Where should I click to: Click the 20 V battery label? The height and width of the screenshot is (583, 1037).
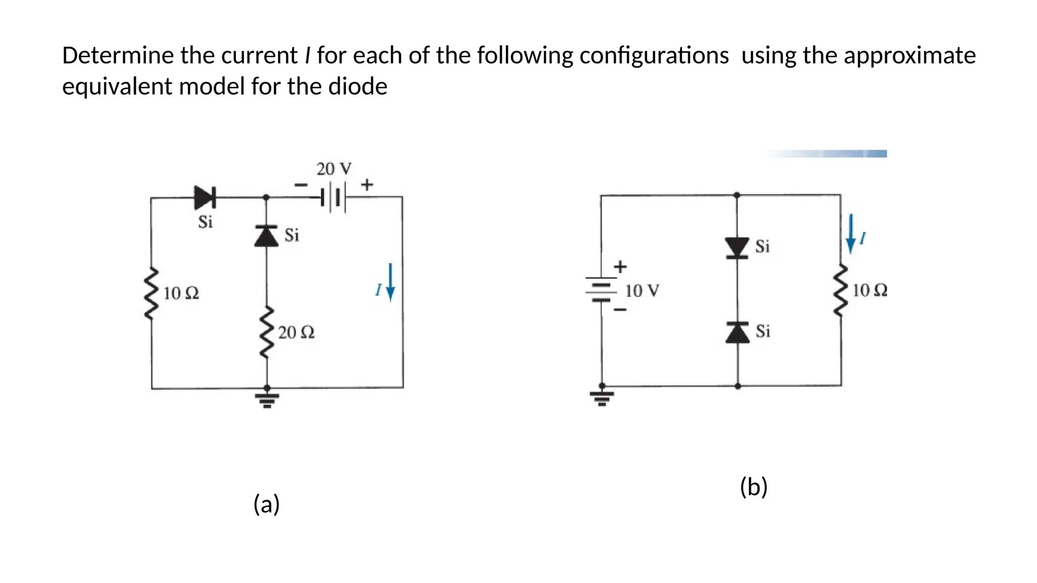click(x=334, y=169)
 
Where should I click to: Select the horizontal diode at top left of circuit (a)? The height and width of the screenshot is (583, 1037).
click(x=205, y=197)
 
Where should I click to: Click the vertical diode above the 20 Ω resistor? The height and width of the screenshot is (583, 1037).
click(x=266, y=236)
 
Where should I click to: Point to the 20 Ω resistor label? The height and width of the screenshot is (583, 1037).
click(x=296, y=332)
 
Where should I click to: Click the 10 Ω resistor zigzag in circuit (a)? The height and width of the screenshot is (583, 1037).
click(x=151, y=294)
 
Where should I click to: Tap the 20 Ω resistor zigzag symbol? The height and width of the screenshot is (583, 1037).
click(x=267, y=332)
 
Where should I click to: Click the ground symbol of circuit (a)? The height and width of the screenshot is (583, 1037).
click(x=267, y=398)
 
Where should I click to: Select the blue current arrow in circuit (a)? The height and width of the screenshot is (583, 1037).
click(x=390, y=282)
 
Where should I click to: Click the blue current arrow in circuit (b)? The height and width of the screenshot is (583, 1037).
click(x=851, y=233)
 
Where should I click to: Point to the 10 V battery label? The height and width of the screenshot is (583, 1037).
click(x=642, y=291)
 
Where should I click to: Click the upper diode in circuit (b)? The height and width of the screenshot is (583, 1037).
click(x=737, y=247)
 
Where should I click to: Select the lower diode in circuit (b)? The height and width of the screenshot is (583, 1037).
click(x=737, y=332)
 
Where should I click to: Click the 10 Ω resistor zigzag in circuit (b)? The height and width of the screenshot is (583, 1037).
click(x=841, y=290)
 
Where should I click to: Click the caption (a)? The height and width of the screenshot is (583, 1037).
click(x=266, y=504)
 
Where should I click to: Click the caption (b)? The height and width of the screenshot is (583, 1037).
click(x=753, y=487)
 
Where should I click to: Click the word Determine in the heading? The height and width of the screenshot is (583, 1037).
click(x=117, y=56)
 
